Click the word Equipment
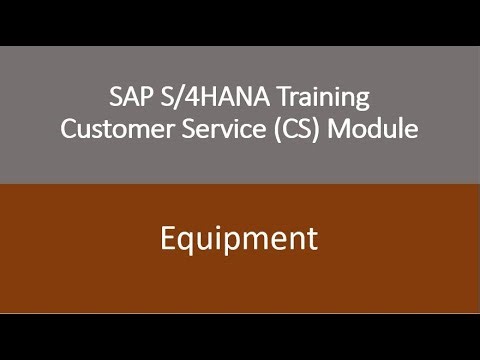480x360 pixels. pyautogui.click(x=240, y=240)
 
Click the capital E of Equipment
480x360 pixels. pyautogui.click(x=170, y=239)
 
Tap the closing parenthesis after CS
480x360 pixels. pyautogui.click(x=314, y=130)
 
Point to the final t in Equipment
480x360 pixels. pyautogui.click(x=312, y=240)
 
